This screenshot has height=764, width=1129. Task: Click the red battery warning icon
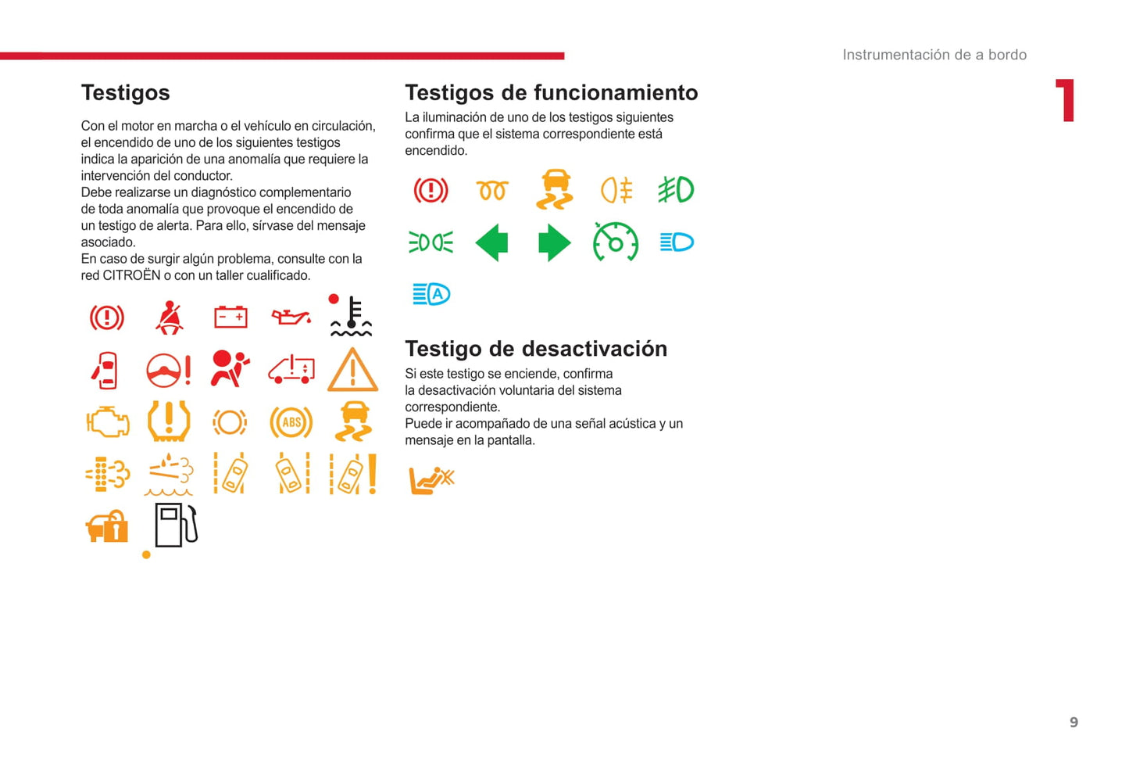[x=230, y=317]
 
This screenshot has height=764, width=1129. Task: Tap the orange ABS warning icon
[x=291, y=422]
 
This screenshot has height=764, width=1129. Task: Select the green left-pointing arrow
[x=492, y=242]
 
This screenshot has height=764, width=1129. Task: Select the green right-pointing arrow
[x=554, y=242]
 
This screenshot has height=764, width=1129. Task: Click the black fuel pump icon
[x=176, y=525]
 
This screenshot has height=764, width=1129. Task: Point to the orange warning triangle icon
[x=352, y=371]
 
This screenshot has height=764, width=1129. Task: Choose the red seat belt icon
[x=169, y=317]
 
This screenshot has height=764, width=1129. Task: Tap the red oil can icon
[x=291, y=317]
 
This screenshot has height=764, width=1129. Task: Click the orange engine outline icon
[x=107, y=422]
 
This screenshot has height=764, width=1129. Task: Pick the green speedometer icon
[x=616, y=242]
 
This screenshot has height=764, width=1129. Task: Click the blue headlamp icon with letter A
[x=431, y=294]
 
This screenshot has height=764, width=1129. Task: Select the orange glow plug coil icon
[x=492, y=190]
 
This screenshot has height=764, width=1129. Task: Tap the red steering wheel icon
[x=168, y=370]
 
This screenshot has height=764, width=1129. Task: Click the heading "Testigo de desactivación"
[x=536, y=349]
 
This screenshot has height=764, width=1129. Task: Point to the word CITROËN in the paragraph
[x=131, y=275]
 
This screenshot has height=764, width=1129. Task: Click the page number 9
[x=1074, y=723]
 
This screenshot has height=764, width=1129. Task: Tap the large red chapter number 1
[x=1066, y=101]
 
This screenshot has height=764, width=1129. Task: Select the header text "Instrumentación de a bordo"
[x=934, y=55]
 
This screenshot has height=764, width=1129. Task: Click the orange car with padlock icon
[x=107, y=526]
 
